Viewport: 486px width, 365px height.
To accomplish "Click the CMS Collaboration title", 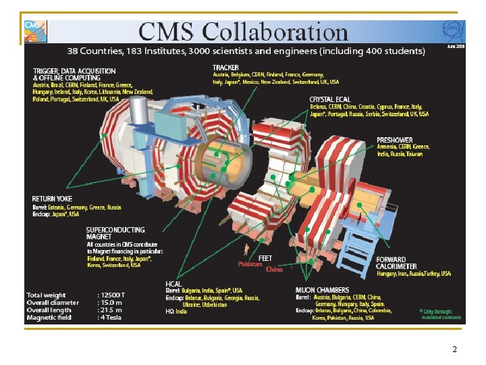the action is click(242, 31).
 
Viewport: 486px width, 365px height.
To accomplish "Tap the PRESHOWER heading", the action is click(395, 141).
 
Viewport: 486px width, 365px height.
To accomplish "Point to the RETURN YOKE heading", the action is click(53, 199).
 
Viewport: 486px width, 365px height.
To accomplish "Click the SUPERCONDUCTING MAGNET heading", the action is click(115, 233).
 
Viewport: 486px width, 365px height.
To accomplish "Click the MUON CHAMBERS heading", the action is click(323, 290).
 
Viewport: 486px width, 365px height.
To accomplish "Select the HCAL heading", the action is click(173, 284).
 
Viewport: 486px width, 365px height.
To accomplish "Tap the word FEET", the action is click(265, 258).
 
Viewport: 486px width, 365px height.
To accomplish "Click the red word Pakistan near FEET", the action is click(250, 264).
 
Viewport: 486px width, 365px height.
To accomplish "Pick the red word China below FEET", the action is click(274, 270).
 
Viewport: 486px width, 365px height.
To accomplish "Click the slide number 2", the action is click(454, 349).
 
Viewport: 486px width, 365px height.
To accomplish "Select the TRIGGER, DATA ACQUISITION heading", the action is click(74, 74).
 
